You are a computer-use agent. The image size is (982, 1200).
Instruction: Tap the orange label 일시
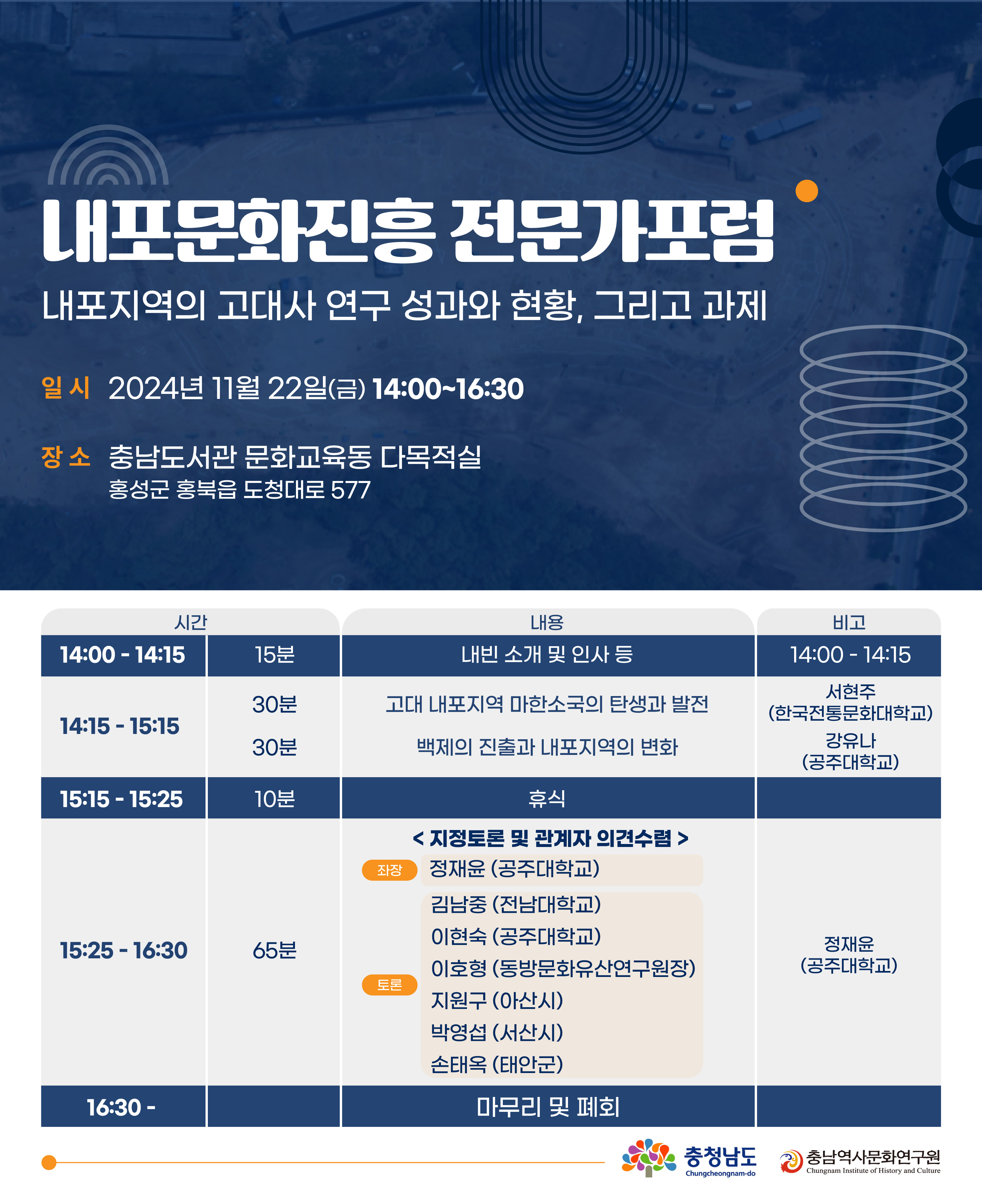click(x=66, y=388)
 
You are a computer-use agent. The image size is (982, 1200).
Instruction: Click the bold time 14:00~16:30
click(x=448, y=389)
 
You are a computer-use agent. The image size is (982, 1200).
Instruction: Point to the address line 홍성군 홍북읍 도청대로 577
click(x=239, y=490)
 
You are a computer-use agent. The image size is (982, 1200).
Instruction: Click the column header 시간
click(x=191, y=622)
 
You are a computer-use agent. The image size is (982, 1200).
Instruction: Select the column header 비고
click(x=849, y=622)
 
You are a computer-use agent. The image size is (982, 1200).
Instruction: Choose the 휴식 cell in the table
click(x=547, y=798)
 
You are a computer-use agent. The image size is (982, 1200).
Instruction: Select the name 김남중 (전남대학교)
click(x=515, y=904)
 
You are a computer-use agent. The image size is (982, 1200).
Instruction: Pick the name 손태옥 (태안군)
click(x=497, y=1064)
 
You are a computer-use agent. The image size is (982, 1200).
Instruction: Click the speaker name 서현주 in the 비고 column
click(x=850, y=691)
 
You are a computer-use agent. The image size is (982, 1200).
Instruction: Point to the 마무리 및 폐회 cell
click(x=548, y=1107)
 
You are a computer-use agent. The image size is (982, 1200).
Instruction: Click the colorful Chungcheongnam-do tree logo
click(x=648, y=1157)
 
